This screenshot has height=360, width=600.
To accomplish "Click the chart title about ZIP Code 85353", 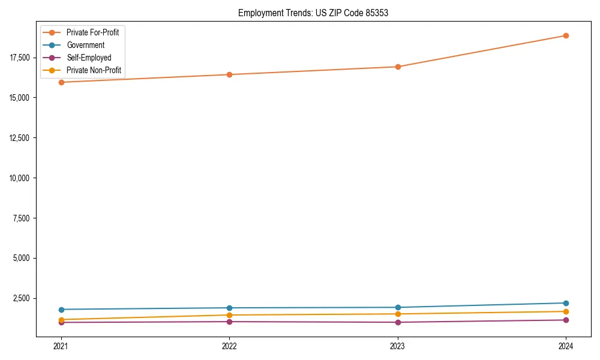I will tap(313, 13).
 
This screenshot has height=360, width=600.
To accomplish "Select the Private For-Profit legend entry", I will tap(92, 32).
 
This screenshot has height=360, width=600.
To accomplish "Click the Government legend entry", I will tap(85, 45).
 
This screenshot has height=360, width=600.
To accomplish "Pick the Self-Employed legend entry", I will tap(89, 58).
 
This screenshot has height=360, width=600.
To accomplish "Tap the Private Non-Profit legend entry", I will tap(94, 70).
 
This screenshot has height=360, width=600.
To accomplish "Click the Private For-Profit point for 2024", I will tap(566, 35).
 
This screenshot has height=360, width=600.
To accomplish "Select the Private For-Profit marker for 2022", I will tap(229, 74).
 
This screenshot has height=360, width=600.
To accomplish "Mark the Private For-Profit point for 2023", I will tap(398, 67).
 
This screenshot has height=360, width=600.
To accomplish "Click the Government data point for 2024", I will tap(566, 303).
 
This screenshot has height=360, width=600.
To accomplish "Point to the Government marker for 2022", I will tap(229, 308).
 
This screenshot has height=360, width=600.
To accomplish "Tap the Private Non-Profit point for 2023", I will tap(398, 314).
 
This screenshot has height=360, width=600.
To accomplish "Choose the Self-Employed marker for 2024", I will tap(566, 320).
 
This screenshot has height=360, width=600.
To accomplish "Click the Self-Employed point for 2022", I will tap(229, 322).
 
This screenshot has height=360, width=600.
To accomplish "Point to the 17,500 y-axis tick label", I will tap(22, 58).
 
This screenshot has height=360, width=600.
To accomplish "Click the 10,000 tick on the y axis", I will tap(22, 178).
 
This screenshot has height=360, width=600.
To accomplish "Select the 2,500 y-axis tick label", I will tap(23, 299).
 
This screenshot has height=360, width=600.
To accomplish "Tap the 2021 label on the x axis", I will tap(61, 346).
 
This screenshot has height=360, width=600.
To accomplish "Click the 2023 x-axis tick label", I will tap(398, 346).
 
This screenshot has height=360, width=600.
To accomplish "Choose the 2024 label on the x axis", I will tap(566, 346).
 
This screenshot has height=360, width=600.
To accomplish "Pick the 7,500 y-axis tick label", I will tap(23, 218).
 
